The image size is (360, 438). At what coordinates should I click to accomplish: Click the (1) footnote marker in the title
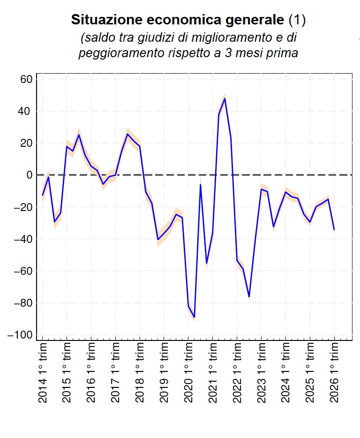point(296,20)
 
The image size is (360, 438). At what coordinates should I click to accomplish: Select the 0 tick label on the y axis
point(29,175)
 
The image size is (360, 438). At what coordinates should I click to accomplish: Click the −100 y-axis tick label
point(19,335)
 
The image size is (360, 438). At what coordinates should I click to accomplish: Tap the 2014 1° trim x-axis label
point(43,372)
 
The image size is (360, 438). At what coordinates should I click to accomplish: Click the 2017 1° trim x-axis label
point(115,372)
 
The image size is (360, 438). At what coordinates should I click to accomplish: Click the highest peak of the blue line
point(225,98)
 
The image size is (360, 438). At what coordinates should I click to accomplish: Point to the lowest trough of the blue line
point(195,317)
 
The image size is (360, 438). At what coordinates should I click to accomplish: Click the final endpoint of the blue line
point(334,229)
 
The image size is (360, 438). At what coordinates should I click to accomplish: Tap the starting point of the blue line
point(43,195)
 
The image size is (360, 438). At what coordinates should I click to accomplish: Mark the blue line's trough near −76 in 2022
point(249,297)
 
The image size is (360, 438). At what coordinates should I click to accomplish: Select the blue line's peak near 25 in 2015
point(79,135)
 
